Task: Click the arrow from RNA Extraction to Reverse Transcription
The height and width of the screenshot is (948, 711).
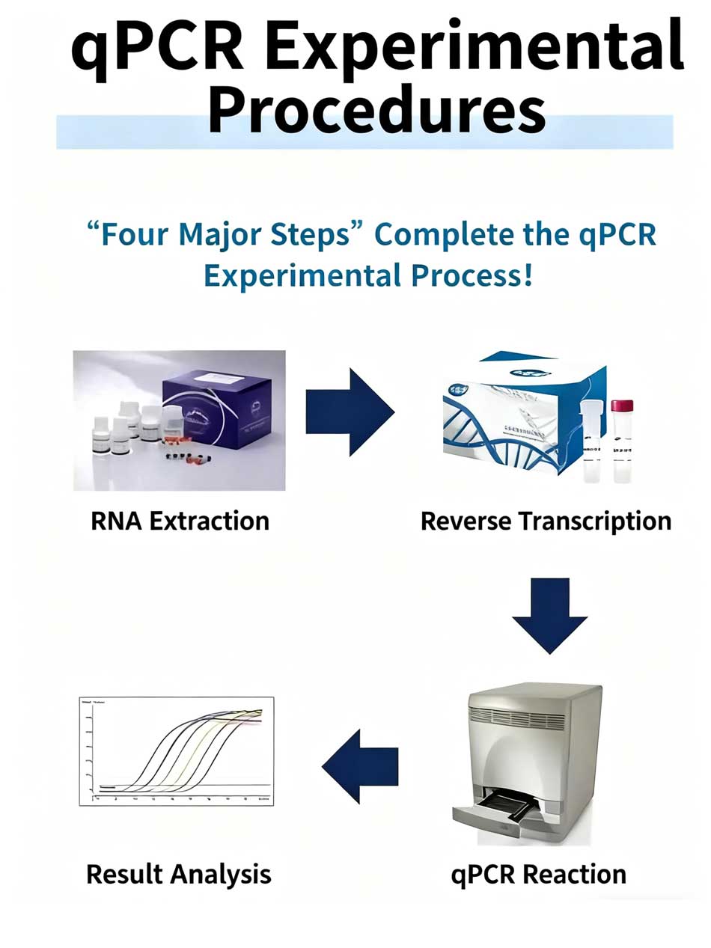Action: (350, 412)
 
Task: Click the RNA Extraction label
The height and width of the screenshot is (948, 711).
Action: (180, 520)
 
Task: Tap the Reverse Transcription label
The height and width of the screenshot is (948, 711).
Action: (546, 520)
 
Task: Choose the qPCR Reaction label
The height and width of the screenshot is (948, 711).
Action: (538, 873)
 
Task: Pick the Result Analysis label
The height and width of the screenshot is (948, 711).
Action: (179, 873)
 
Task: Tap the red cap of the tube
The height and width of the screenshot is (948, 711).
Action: (622, 406)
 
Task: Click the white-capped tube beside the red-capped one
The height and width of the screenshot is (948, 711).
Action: (591, 441)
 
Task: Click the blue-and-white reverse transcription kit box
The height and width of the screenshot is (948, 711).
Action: (509, 419)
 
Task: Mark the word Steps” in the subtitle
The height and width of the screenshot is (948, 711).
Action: (323, 235)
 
